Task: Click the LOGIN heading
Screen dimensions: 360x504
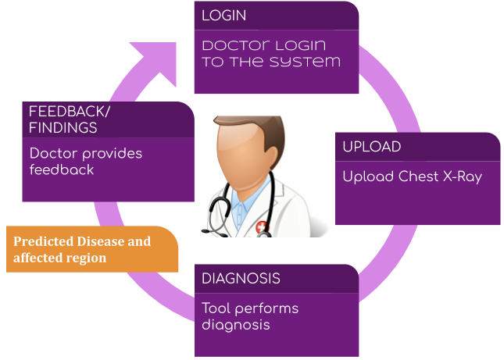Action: pos(224,16)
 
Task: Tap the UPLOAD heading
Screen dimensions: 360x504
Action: pos(372,147)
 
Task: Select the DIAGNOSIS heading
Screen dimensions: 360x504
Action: pos(241,279)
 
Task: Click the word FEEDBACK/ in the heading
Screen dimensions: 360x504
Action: pos(70,112)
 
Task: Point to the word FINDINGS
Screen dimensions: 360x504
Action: pos(63,127)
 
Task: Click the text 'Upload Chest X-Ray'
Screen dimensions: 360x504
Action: pos(412,176)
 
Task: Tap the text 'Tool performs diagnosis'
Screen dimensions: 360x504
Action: pos(250,316)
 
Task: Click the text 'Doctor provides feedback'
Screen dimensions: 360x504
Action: pos(86,162)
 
